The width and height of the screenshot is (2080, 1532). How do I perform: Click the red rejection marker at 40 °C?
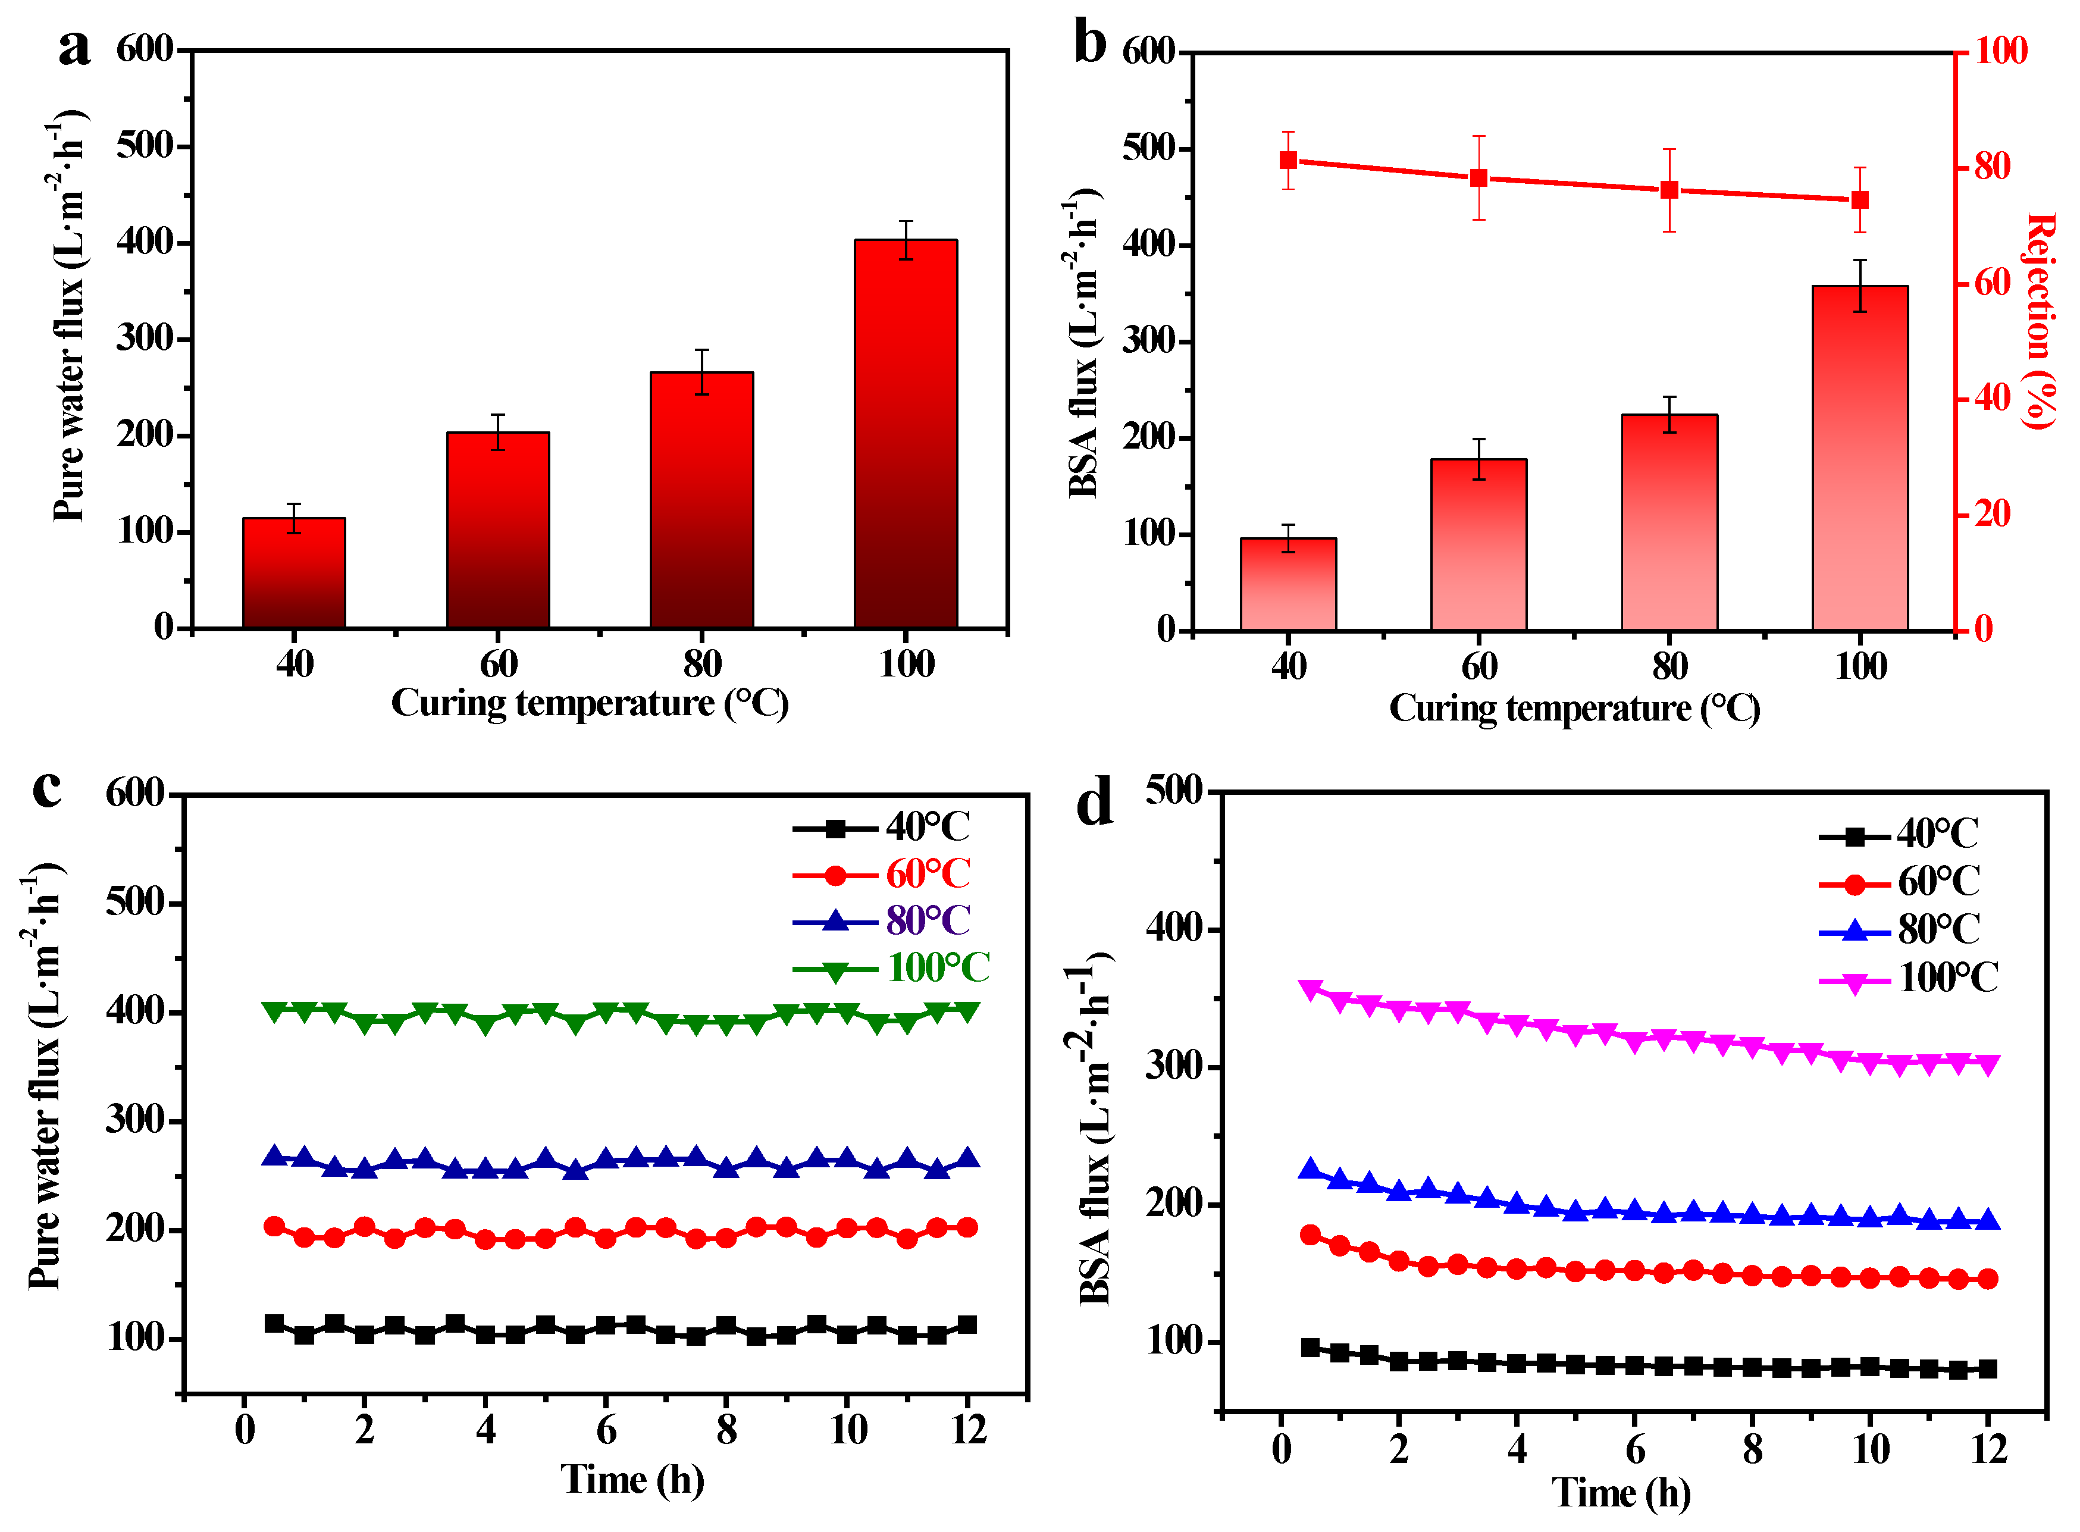(1288, 161)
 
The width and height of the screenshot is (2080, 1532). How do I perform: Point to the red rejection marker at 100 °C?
(1859, 200)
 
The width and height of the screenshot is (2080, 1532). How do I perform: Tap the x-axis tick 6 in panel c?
(606, 1429)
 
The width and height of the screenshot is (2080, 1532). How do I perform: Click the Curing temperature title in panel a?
(590, 703)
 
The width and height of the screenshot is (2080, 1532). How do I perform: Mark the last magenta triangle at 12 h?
(1987, 1064)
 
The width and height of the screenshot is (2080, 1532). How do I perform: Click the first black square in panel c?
(274, 1323)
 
